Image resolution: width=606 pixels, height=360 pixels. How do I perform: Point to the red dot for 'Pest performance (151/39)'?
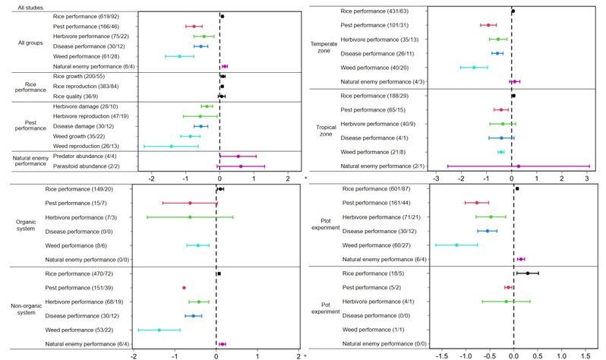pyautogui.click(x=184, y=288)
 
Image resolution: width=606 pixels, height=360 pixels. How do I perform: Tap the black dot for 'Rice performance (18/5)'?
pyautogui.click(x=528, y=273)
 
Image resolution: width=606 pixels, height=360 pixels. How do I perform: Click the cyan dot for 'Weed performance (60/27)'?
pyautogui.click(x=456, y=245)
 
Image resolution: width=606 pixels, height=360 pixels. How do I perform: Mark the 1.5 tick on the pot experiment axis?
pyautogui.click(x=585, y=353)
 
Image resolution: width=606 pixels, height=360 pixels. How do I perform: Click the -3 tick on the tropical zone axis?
pyautogui.click(x=436, y=179)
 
